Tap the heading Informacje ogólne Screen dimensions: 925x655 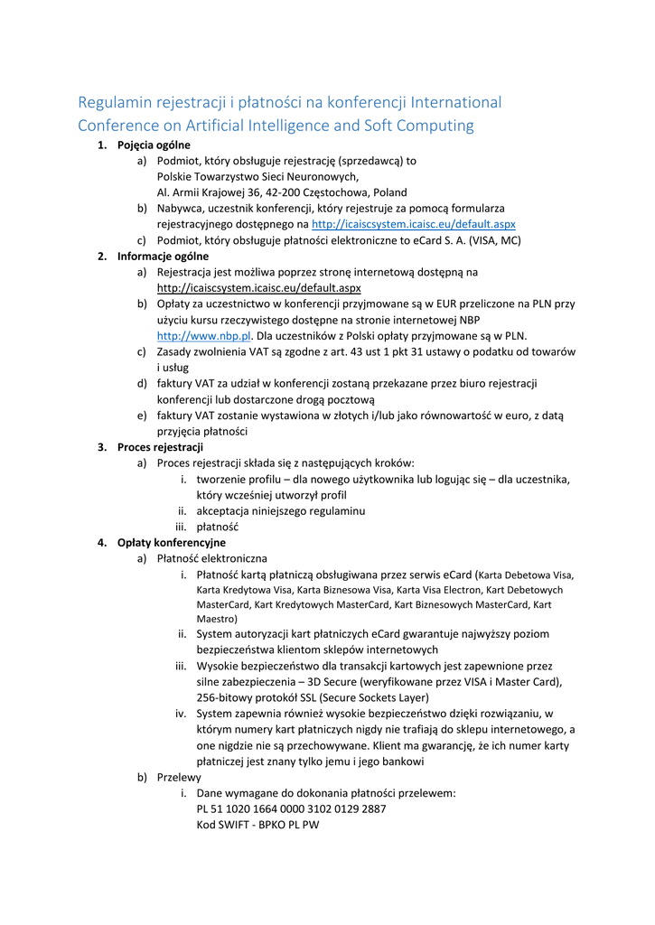tap(163, 256)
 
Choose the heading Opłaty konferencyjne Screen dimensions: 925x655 tap(172, 543)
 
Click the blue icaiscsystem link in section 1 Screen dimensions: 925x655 tap(413, 224)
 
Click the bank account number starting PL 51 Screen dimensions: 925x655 tap(291, 808)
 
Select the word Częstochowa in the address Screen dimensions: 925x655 tap(341, 192)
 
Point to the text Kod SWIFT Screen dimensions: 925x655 tap(222, 825)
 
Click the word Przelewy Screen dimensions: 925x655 tap(179, 777)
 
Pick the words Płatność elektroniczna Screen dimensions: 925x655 tap(212, 558)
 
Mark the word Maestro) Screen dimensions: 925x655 tap(217, 619)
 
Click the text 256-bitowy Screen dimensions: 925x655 tap(226, 697)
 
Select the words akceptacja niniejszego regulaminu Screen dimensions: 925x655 tap(281, 510)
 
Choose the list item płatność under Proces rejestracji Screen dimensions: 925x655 tap(218, 527)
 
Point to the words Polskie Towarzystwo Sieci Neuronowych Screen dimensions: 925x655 tap(257, 176)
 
